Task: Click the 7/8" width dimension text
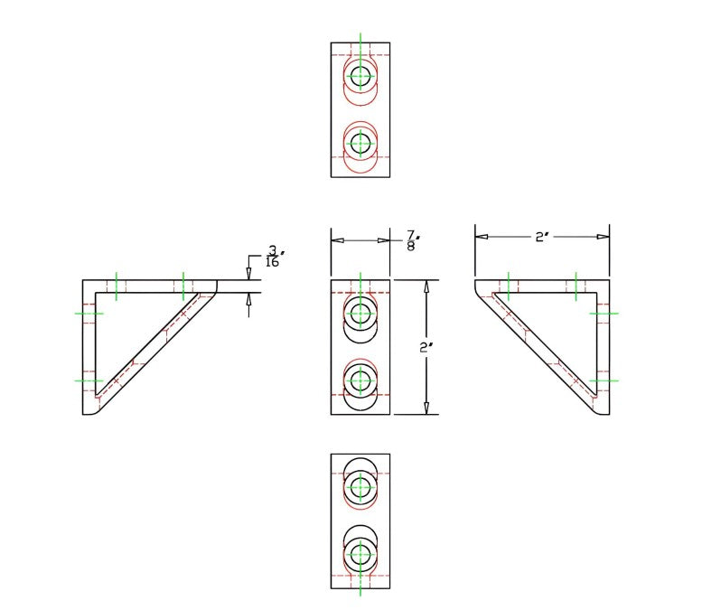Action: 410,240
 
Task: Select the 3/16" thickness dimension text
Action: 272,257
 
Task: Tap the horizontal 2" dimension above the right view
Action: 541,237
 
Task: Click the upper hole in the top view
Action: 360,77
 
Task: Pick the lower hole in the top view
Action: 360,143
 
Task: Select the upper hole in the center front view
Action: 360,314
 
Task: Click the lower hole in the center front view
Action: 360,380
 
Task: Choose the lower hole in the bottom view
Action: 360,553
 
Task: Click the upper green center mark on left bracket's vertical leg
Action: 89,314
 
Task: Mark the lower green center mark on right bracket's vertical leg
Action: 604,380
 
